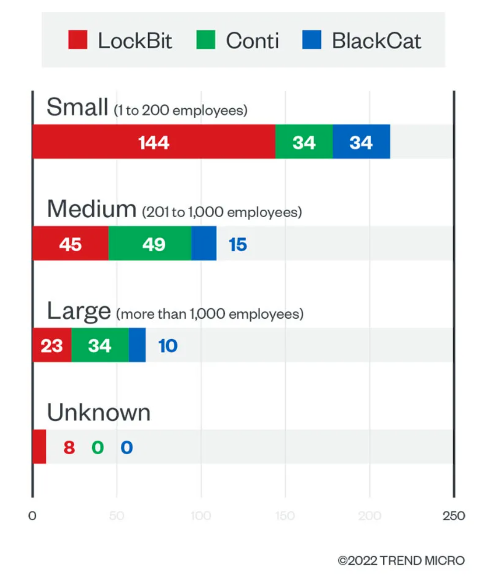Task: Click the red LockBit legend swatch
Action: tap(77, 40)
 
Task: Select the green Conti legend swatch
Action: tap(205, 40)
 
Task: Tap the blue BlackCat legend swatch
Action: tap(311, 40)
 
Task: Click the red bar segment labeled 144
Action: tap(154, 142)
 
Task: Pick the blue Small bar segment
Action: tap(361, 142)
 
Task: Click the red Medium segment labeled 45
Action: tap(70, 243)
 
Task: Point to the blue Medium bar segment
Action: tap(204, 243)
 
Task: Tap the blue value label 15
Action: tap(238, 245)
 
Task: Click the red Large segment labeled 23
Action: tap(52, 345)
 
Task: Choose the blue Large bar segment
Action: tap(137, 345)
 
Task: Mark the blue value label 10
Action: tap(168, 346)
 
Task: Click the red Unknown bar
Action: tap(39, 447)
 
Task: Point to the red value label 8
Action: tap(69, 448)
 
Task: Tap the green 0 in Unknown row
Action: tap(98, 448)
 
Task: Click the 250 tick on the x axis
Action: tap(454, 516)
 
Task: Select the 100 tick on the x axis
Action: tap(201, 516)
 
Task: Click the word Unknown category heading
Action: tap(99, 413)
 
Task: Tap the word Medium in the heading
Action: tap(91, 209)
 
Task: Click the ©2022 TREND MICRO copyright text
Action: tap(401, 560)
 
